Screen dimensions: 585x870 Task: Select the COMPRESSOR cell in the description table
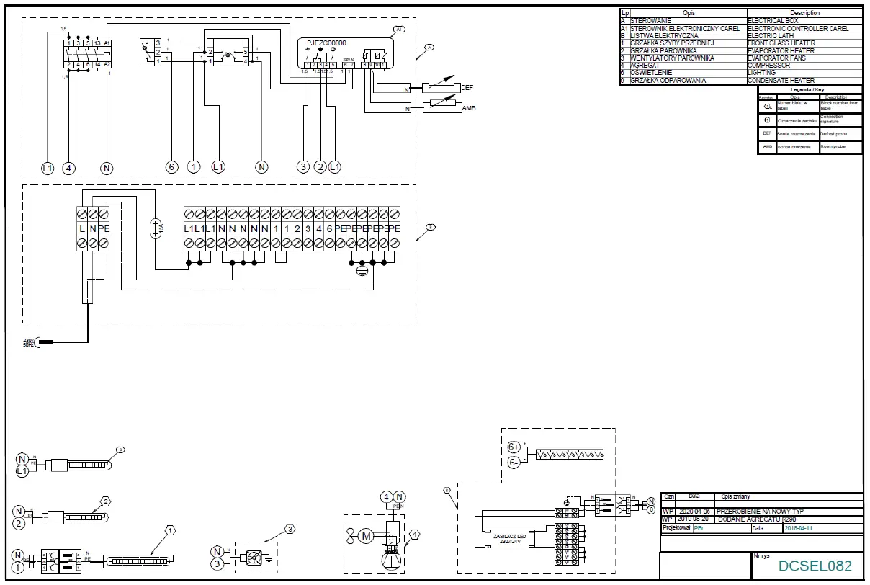pyautogui.click(x=768, y=66)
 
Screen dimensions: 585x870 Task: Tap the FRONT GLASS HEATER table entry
pyautogui.click(x=781, y=43)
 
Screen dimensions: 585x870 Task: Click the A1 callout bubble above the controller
pyautogui.click(x=400, y=29)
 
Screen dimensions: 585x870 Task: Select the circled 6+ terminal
pyautogui.click(x=514, y=446)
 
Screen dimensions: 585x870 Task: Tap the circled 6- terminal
pyautogui.click(x=514, y=463)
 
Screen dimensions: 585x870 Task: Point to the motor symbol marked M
pyautogui.click(x=365, y=535)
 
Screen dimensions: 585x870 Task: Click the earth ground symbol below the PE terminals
pyautogui.click(x=362, y=271)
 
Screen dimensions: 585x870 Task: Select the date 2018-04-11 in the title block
pyautogui.click(x=802, y=528)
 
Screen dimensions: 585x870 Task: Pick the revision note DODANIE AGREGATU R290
pyautogui.click(x=758, y=519)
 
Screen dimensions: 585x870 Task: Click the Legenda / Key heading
pyautogui.click(x=810, y=89)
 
